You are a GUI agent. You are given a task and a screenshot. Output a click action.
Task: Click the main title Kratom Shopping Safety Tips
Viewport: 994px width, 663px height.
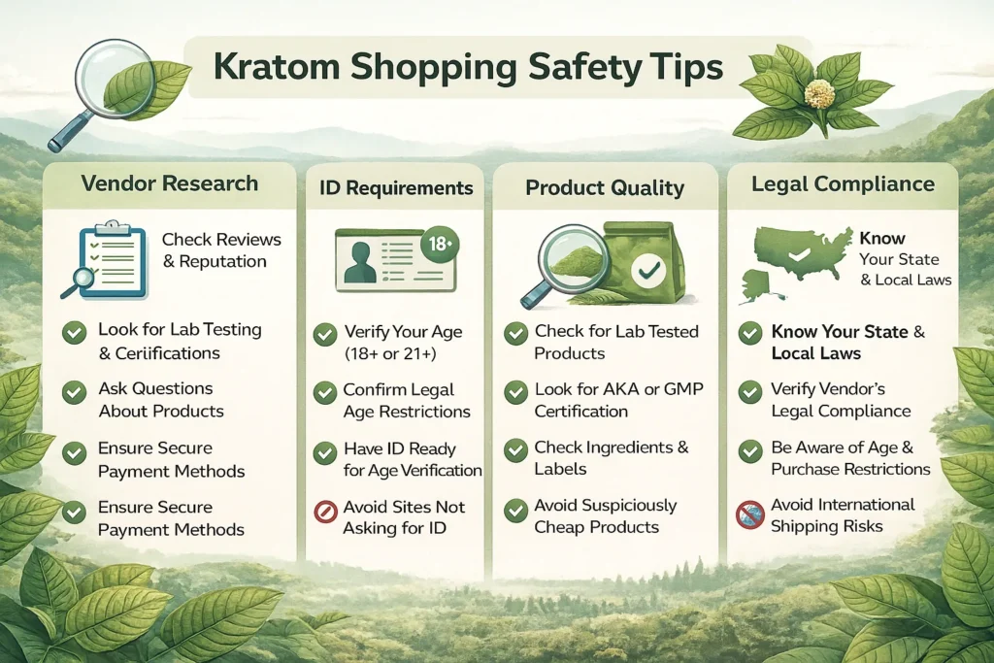[469, 68]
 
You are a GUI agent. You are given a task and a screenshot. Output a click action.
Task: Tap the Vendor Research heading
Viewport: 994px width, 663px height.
[170, 183]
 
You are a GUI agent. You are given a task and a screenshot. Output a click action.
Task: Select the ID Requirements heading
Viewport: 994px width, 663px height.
[396, 187]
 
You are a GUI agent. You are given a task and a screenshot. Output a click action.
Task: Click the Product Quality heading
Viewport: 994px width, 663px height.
[605, 187]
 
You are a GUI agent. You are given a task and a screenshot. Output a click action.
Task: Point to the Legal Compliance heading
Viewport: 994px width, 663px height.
[844, 183]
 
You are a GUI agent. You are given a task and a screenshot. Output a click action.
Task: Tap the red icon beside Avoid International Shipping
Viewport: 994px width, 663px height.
[749, 514]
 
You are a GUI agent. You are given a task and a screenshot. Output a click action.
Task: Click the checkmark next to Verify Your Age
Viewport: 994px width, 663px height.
[325, 335]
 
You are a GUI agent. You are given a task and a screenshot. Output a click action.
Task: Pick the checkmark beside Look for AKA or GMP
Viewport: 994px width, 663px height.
[516, 393]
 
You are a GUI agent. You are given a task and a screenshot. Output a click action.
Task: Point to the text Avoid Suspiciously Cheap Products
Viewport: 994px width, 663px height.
[606, 516]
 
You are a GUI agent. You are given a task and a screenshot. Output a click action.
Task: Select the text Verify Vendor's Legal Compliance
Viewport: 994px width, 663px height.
[841, 399]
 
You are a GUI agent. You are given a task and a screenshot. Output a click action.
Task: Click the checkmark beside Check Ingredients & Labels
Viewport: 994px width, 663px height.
[516, 451]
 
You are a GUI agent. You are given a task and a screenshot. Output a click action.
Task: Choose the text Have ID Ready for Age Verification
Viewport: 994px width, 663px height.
[412, 459]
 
